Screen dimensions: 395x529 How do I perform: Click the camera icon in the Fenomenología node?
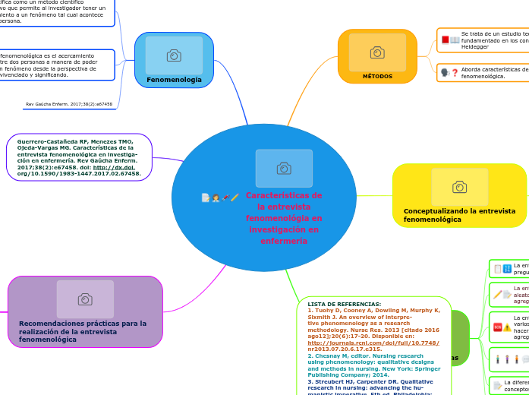(x=174, y=55)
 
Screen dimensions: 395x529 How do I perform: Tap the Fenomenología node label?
(x=174, y=79)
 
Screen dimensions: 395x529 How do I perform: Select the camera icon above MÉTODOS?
(x=377, y=52)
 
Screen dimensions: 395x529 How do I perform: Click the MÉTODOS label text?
(x=377, y=76)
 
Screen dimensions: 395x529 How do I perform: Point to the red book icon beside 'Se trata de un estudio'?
(x=446, y=39)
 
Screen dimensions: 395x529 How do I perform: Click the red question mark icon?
(x=455, y=73)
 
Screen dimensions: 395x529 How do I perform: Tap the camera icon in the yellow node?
(x=459, y=187)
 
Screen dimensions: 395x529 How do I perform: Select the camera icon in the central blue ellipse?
(x=284, y=169)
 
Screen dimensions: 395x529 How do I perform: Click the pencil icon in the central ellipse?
(x=235, y=197)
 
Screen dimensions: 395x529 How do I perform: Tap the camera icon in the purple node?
(x=85, y=299)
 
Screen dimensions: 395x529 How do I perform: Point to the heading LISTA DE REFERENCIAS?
(x=345, y=304)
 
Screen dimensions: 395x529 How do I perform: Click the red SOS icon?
(x=497, y=327)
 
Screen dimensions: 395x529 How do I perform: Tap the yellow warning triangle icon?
(x=507, y=327)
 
